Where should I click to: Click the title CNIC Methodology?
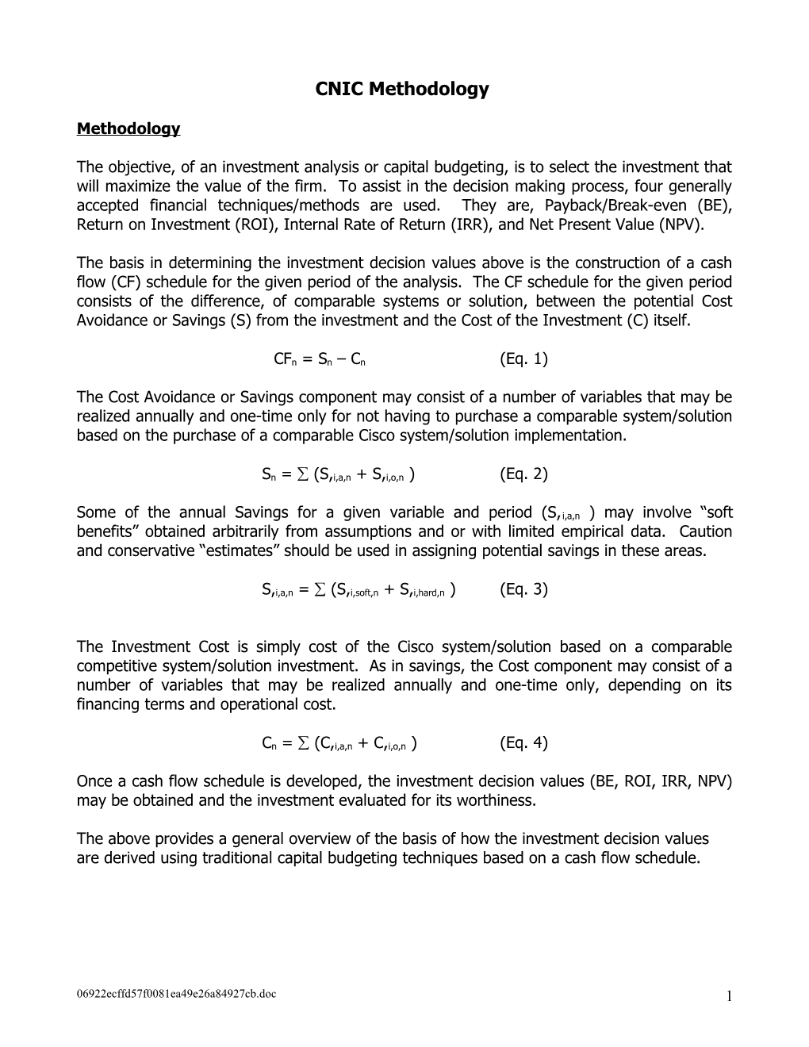pyautogui.click(x=402, y=90)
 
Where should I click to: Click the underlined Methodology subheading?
pyautogui.click(x=128, y=128)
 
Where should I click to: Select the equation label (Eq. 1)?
pyautogui.click(x=523, y=359)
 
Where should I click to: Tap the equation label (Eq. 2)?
pyautogui.click(x=523, y=474)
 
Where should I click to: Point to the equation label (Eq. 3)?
pyautogui.click(x=523, y=589)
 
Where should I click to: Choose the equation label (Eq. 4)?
pyautogui.click(x=523, y=742)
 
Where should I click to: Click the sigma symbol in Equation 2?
pyautogui.click(x=301, y=474)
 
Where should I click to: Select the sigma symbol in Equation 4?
pyautogui.click(x=301, y=743)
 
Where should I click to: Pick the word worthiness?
pyautogui.click(x=496, y=800)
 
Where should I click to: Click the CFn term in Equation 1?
pyautogui.click(x=284, y=359)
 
